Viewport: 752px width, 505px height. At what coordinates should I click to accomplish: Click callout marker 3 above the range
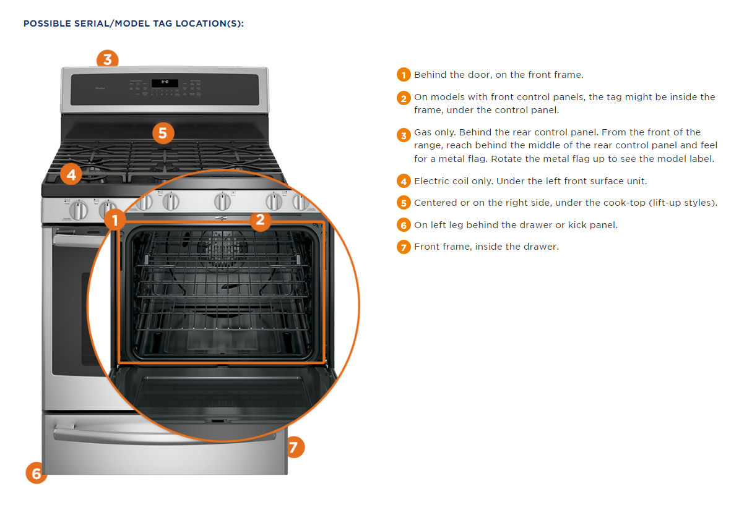[x=107, y=59]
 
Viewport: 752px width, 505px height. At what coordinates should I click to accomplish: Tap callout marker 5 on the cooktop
[x=162, y=132]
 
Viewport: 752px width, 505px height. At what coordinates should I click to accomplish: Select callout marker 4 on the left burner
[x=71, y=175]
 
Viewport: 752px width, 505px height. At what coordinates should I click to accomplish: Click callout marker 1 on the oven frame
[x=115, y=219]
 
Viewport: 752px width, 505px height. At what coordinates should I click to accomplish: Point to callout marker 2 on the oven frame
[x=260, y=219]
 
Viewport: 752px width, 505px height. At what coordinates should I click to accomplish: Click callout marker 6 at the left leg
[x=37, y=473]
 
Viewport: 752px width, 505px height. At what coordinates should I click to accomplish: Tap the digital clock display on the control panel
[x=165, y=83]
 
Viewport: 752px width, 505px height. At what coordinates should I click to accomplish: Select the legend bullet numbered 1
[x=404, y=75]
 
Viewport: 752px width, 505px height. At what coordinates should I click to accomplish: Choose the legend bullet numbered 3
[x=404, y=134]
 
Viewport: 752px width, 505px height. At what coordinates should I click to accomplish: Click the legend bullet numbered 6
[x=404, y=226]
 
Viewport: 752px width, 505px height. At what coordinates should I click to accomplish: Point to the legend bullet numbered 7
[x=404, y=247]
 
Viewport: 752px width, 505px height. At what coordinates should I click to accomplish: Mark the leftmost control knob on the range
[x=79, y=210]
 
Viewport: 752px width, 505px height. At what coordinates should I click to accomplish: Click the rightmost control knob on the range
[x=301, y=202]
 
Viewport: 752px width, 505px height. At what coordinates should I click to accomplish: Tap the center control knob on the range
[x=223, y=202]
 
